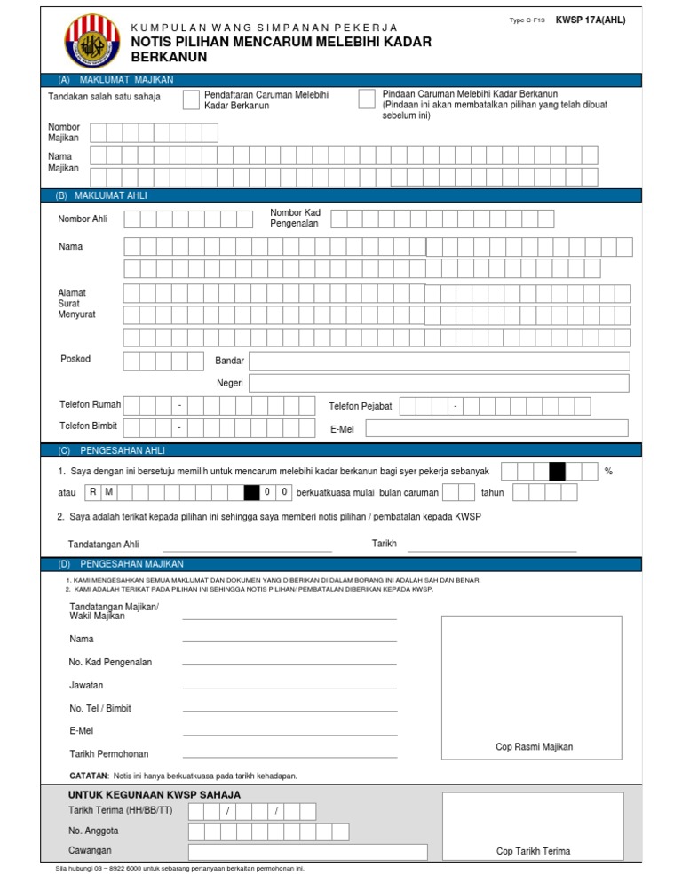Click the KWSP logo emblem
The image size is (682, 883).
[x=89, y=42]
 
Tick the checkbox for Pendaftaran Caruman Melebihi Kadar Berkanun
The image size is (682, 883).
[x=191, y=99]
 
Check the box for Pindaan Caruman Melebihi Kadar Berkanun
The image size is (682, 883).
[x=366, y=99]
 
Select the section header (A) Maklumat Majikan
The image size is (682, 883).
[x=115, y=80]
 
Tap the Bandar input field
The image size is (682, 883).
[x=439, y=361]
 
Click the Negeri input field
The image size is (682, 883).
[x=439, y=383]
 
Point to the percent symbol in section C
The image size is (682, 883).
[x=608, y=471]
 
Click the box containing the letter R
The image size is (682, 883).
[x=93, y=492]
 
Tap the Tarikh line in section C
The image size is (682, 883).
[x=492, y=545]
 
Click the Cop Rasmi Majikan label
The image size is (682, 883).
[x=534, y=747]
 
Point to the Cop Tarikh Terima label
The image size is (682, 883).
[x=533, y=851]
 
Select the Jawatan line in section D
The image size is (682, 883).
[x=289, y=686]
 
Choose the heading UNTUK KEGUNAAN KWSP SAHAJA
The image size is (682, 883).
[x=155, y=794]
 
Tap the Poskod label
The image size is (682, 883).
[x=75, y=359]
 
